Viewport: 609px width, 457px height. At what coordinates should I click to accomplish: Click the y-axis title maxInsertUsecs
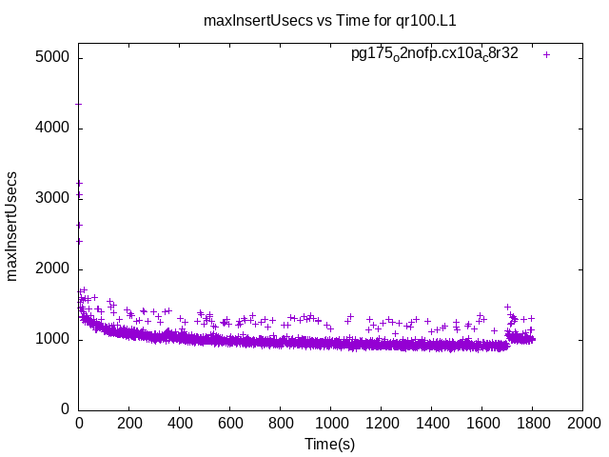tap(12, 226)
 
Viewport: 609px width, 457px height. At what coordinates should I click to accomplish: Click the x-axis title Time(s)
tap(330, 444)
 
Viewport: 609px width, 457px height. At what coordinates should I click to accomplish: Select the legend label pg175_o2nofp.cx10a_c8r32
tap(435, 54)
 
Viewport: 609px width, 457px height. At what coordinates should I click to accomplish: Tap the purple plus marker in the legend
tap(546, 54)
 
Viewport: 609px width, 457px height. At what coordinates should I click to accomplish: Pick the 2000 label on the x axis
tap(582, 425)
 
